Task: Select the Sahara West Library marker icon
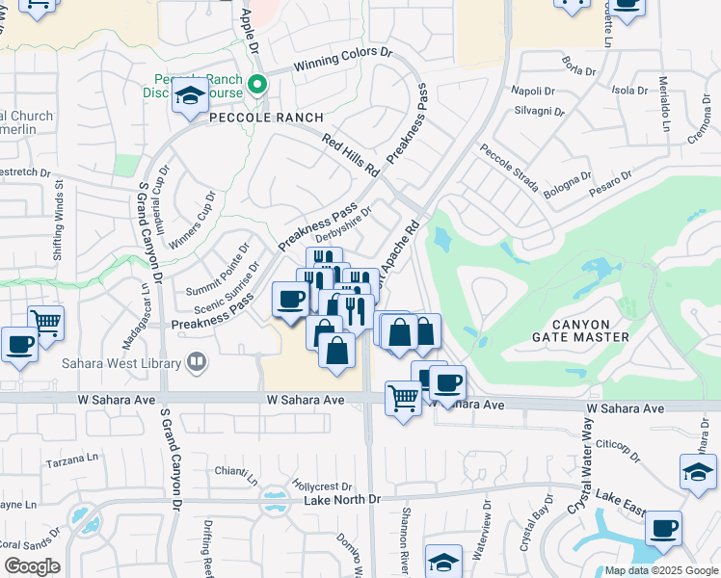pos(197,363)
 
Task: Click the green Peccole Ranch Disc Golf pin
pos(257,84)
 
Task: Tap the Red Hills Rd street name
pos(351,155)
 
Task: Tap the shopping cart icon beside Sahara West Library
pos(45,322)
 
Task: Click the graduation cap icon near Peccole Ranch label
pos(191,96)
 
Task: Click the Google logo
pos(32,566)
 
